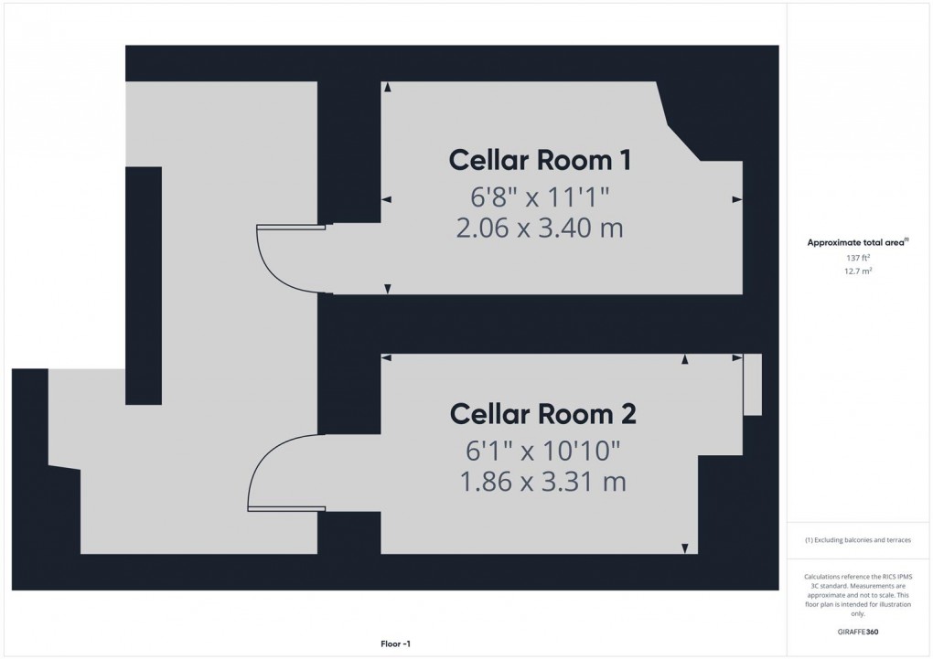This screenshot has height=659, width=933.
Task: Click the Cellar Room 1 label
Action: [540, 160]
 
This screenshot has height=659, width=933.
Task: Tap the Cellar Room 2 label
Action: [542, 414]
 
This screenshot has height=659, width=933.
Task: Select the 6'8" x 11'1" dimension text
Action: [539, 195]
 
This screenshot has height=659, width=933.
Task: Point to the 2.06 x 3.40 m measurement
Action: [539, 227]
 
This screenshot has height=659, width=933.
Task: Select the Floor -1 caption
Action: [395, 643]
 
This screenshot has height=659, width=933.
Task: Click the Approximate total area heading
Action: [856, 242]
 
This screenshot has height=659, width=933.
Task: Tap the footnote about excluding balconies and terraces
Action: [858, 540]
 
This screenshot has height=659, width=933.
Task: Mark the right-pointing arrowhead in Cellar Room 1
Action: [736, 198]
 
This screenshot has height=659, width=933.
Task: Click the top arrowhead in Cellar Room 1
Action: [387, 87]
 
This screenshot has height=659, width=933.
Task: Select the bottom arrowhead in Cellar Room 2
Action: [684, 548]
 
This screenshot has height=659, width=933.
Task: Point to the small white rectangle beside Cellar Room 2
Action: [753, 385]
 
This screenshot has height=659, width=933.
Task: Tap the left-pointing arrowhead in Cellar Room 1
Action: [386, 198]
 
